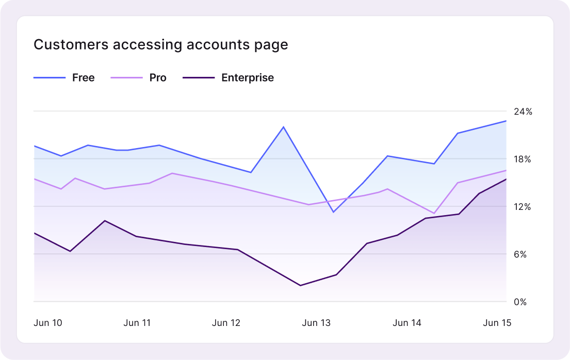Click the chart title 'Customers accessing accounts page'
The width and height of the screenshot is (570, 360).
[x=160, y=45]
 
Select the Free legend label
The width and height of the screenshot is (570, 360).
[x=83, y=78]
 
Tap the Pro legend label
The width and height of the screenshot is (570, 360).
[x=158, y=78]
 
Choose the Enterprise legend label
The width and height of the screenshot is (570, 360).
[x=248, y=78]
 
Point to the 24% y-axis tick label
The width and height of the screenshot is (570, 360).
[x=523, y=111]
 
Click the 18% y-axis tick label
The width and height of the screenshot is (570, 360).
[x=523, y=159]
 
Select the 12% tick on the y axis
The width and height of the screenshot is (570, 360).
[x=523, y=207]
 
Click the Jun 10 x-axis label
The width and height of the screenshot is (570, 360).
[x=48, y=323]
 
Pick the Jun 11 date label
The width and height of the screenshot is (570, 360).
[x=137, y=323]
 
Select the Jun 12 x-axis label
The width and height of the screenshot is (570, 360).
[x=226, y=323]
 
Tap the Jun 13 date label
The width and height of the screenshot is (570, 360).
[x=316, y=323]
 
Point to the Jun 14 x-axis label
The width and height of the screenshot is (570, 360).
[x=407, y=323]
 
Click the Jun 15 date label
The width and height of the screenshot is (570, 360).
[x=497, y=323]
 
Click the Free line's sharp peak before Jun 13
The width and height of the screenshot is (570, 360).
[x=283, y=126]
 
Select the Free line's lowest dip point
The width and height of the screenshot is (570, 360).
[x=334, y=212]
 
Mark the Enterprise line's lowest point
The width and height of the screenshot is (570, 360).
[x=300, y=285]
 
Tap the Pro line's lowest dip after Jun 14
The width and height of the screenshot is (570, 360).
[x=434, y=213]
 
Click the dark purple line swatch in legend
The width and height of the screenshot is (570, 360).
[x=198, y=78]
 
